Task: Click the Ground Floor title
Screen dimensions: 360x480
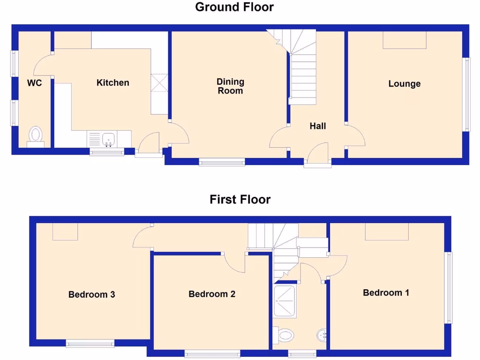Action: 234,7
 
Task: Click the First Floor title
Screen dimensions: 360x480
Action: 240,200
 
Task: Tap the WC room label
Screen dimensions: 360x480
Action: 35,83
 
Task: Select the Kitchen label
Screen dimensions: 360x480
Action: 112,83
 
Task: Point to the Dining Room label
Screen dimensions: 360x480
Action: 230,86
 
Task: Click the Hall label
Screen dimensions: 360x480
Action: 318,126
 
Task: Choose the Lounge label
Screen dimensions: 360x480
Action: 405,84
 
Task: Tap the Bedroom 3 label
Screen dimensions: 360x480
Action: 92,295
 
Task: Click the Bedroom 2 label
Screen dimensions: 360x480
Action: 212,294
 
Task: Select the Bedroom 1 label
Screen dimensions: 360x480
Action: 386,293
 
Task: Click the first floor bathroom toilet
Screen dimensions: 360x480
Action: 284,335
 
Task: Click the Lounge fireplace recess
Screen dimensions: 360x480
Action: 405,40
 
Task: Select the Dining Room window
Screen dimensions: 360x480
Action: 222,162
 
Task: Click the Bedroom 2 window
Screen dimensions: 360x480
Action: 212,353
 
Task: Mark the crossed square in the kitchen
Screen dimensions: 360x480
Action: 158,84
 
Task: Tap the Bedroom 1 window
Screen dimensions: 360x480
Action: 449,288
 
